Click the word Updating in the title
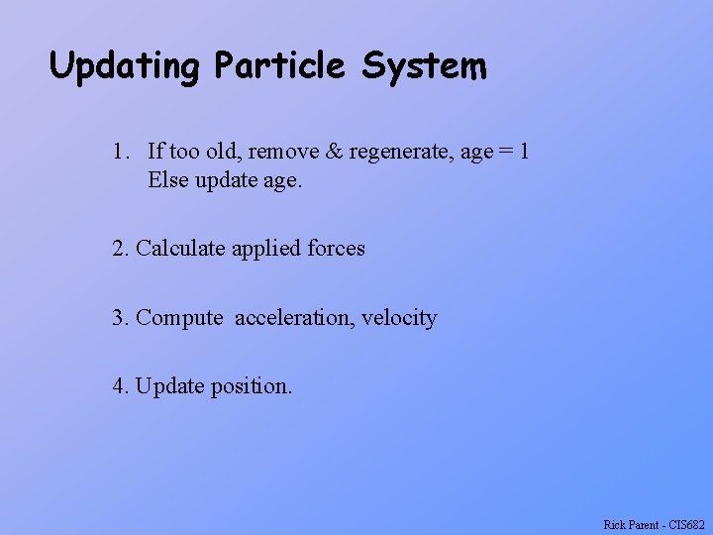pyautogui.click(x=125, y=67)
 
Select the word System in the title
pyautogui.click(x=424, y=67)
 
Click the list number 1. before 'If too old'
pyautogui.click(x=121, y=152)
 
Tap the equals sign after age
pyautogui.click(x=507, y=153)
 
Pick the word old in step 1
pyautogui.click(x=225, y=152)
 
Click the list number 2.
pyautogui.click(x=121, y=248)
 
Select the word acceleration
pyautogui.click(x=294, y=318)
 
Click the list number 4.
pyautogui.click(x=121, y=385)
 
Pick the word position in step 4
pyautogui.click(x=251, y=386)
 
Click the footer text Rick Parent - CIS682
pyautogui.click(x=654, y=525)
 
